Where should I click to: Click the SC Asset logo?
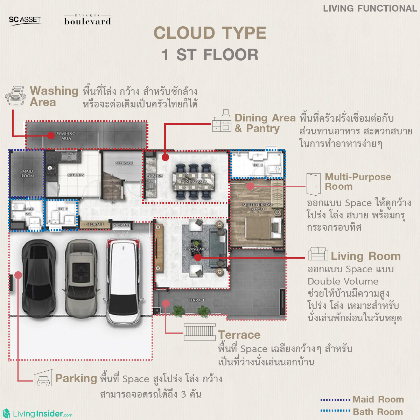(x=25, y=20)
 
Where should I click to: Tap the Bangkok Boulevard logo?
(x=87, y=20)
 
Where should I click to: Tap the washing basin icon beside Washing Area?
(x=16, y=96)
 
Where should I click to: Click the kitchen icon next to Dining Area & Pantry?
(x=222, y=121)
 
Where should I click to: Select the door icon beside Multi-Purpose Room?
(x=313, y=184)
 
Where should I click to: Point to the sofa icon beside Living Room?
(x=318, y=254)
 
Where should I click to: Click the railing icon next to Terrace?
(x=199, y=332)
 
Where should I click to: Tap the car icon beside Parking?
(x=43, y=379)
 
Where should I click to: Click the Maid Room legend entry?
(x=362, y=400)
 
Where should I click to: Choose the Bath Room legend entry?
(x=362, y=412)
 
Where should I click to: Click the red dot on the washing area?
(x=51, y=135)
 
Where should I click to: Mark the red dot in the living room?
(x=198, y=258)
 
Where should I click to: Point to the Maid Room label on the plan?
(x=27, y=174)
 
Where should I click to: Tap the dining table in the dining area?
(x=194, y=181)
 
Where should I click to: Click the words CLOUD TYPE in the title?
(x=210, y=33)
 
